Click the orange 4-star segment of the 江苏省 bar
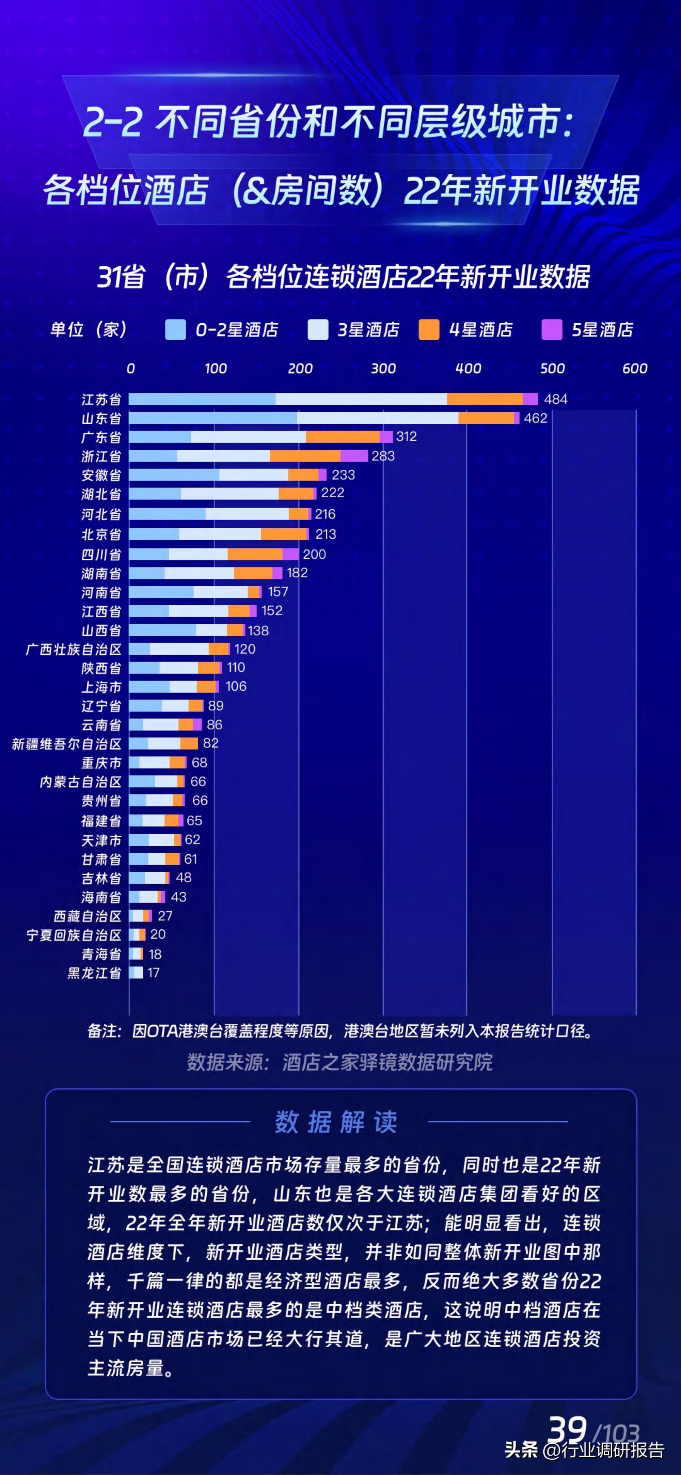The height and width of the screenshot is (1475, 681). click(x=485, y=399)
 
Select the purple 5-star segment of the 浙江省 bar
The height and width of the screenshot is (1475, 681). click(x=354, y=456)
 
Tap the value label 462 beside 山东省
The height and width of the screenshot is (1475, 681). click(x=536, y=418)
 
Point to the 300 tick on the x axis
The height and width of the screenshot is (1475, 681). click(x=383, y=368)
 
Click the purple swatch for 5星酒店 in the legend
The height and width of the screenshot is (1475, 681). click(x=552, y=330)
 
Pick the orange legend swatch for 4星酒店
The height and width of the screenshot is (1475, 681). click(x=429, y=330)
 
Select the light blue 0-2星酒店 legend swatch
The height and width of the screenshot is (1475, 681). click(x=175, y=330)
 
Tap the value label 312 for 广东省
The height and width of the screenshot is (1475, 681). click(x=406, y=436)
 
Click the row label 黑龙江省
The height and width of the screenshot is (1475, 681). click(x=94, y=973)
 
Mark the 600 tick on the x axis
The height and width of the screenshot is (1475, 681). click(x=635, y=368)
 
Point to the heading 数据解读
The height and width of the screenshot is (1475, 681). click(x=336, y=1122)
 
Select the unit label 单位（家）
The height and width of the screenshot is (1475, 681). click(x=89, y=330)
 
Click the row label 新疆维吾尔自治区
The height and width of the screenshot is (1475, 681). click(x=67, y=744)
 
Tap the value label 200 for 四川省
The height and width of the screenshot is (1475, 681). click(x=314, y=554)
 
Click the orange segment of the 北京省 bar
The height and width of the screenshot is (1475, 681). click(x=284, y=534)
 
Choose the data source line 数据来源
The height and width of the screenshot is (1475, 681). click(x=339, y=1062)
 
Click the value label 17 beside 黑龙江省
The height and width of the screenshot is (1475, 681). click(x=153, y=973)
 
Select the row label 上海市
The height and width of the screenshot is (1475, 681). click(x=101, y=686)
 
